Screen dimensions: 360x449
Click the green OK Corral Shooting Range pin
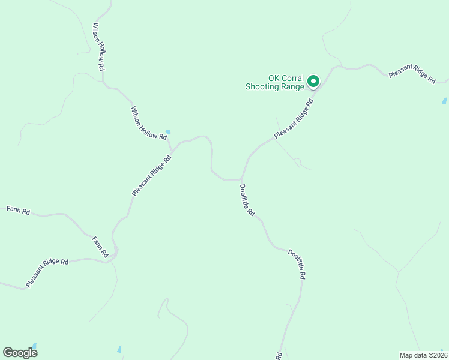click(x=313, y=81)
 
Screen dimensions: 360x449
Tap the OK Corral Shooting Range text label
click(x=277, y=82)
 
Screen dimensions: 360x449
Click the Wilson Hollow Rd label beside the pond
click(x=149, y=124)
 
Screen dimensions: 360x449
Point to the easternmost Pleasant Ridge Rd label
click(x=412, y=74)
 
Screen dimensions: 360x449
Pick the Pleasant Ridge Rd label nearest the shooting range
click(x=294, y=119)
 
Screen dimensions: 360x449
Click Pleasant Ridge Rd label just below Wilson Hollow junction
click(x=152, y=176)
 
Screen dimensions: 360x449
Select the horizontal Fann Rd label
click(x=18, y=210)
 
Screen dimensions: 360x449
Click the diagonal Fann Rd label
click(x=100, y=247)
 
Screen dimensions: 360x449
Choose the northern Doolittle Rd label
click(x=247, y=200)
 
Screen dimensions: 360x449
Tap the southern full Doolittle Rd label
click(x=297, y=265)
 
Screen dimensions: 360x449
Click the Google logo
click(x=20, y=353)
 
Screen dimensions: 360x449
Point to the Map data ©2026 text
click(x=423, y=355)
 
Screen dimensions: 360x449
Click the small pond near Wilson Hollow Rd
click(x=168, y=132)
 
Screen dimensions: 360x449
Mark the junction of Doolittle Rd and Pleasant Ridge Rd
click(x=241, y=179)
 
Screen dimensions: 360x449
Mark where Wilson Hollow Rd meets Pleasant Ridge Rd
click(x=172, y=149)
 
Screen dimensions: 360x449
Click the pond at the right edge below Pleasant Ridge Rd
click(x=444, y=101)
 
